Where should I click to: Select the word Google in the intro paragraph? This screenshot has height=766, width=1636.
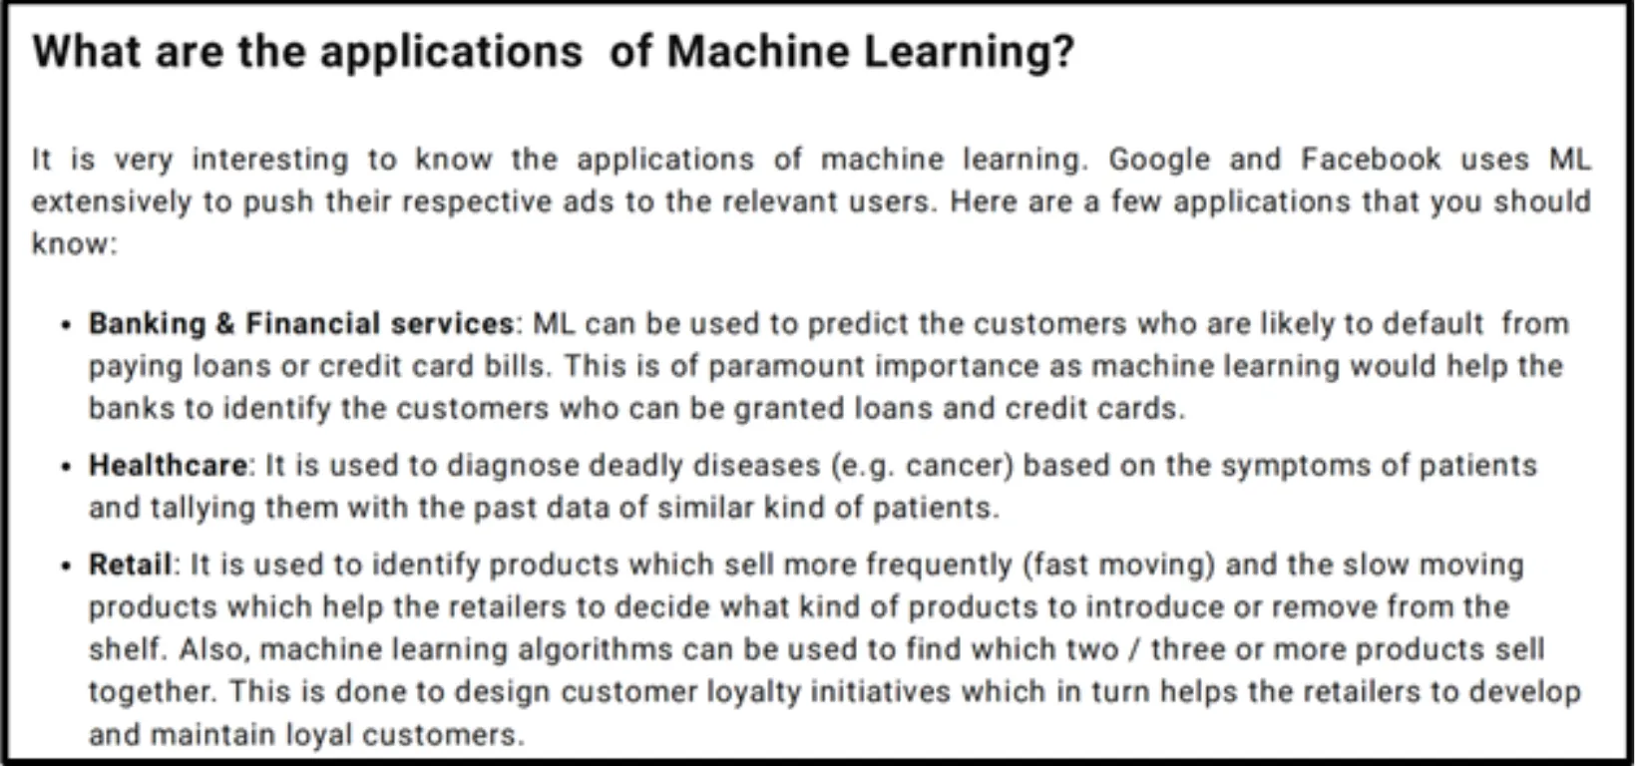tap(1159, 160)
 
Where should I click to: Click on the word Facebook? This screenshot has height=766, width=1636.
tap(1371, 160)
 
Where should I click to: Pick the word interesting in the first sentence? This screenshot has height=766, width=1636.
tap(270, 160)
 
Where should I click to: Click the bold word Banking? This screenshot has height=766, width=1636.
tap(148, 324)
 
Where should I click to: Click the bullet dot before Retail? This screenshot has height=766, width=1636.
tap(67, 567)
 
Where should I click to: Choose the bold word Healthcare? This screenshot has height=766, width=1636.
tap(168, 465)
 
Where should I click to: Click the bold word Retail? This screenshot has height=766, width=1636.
tap(130, 565)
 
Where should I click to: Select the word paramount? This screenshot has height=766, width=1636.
tap(787, 367)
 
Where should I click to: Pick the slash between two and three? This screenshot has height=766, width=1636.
tap(1134, 650)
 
